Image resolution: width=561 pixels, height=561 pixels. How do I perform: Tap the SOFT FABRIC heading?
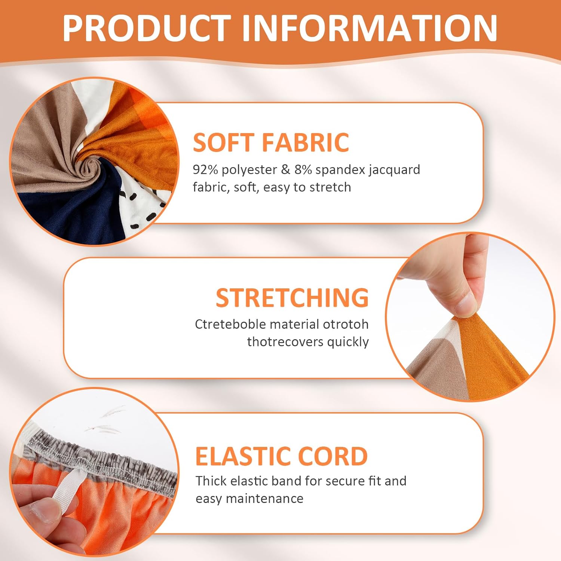tap(271, 142)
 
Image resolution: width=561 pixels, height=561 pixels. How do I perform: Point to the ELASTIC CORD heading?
tap(282, 456)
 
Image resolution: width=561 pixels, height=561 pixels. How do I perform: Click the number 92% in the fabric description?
tap(205, 169)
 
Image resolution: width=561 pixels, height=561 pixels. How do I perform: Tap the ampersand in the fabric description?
tap(285, 169)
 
